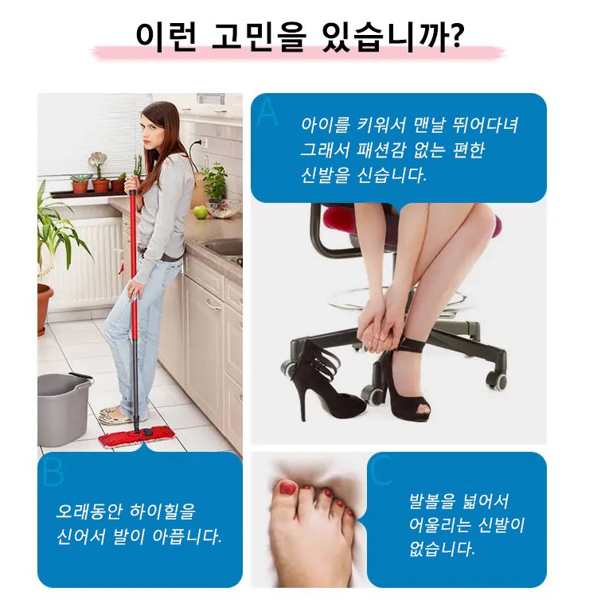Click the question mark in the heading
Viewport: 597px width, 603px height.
click(455, 34)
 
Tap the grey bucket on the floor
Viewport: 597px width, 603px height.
click(64, 408)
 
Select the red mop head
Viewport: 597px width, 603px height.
click(137, 436)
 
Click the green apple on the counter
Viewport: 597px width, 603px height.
click(200, 212)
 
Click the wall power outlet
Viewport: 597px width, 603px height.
click(201, 142)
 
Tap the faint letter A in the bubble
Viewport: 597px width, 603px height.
click(267, 113)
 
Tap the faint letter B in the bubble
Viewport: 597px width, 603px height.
click(53, 472)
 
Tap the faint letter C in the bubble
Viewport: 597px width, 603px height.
click(381, 469)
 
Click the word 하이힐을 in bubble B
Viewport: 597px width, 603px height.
click(163, 511)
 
